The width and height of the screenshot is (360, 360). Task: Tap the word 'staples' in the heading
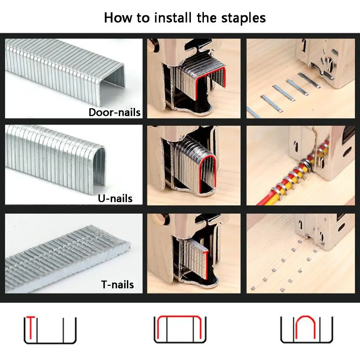(243, 18)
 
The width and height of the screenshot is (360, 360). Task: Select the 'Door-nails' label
(115, 112)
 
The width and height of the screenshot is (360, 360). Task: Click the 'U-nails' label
(115, 198)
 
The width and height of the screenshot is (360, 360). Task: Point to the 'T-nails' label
(117, 284)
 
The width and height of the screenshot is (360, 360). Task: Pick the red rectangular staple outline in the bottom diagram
(179, 317)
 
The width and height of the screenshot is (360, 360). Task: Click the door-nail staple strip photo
(65, 71)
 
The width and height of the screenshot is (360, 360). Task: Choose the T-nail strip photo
(68, 260)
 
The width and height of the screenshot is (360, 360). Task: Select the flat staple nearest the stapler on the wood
(309, 80)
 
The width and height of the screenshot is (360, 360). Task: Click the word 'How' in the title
(118, 18)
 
